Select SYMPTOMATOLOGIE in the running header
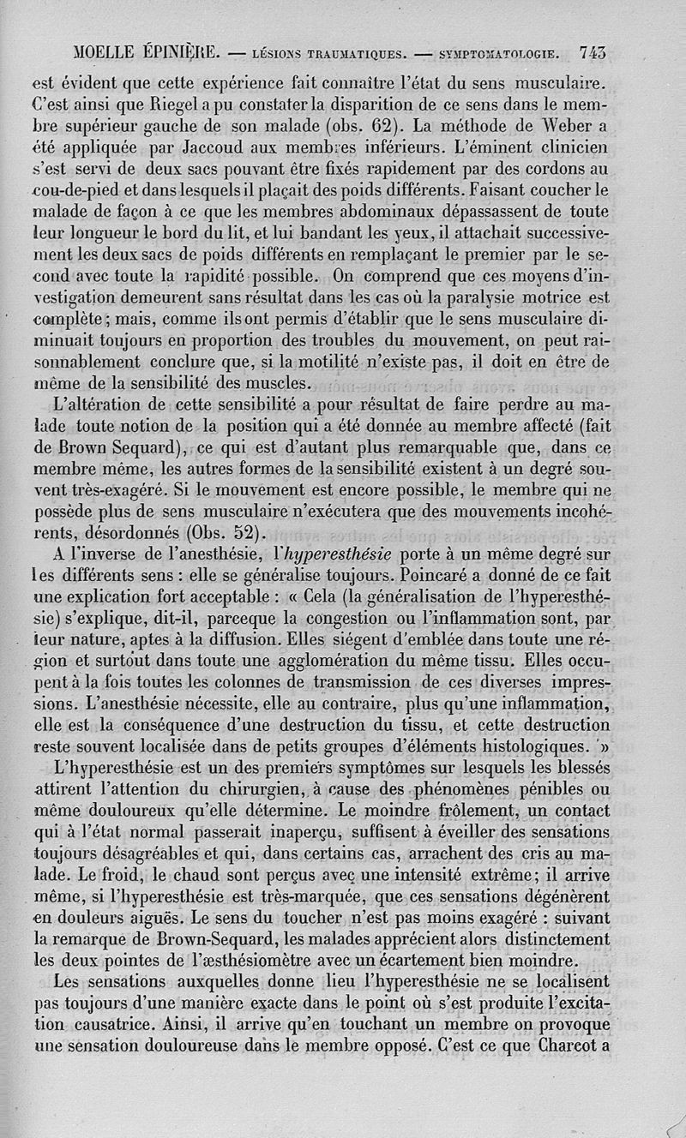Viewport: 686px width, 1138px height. [x=501, y=54]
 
